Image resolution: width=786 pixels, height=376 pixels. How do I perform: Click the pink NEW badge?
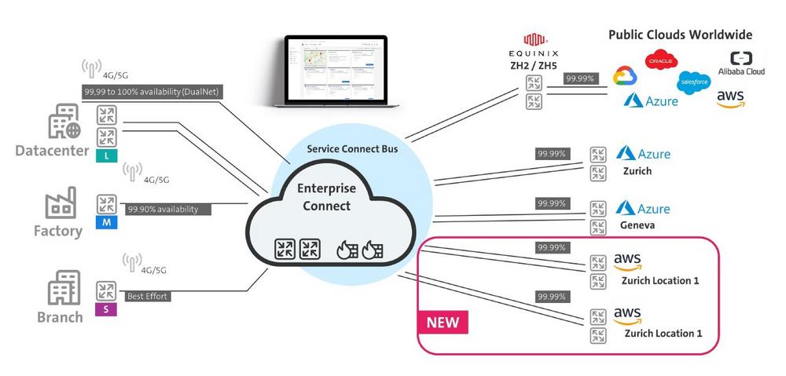pos(442,321)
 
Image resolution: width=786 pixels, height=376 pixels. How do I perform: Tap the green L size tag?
pos(105,156)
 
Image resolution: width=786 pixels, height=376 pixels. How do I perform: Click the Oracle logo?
pos(660,60)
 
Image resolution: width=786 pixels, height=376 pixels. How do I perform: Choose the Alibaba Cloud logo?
pos(741,64)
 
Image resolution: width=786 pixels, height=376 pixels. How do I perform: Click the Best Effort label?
pos(147,297)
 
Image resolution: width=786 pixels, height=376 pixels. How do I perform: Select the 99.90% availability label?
pos(162,210)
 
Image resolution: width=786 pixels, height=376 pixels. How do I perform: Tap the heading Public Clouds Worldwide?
pos(680,35)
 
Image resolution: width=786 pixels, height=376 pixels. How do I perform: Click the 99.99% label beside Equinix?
pos(580,78)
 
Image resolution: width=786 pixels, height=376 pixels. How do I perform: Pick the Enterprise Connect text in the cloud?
pos(325,198)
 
